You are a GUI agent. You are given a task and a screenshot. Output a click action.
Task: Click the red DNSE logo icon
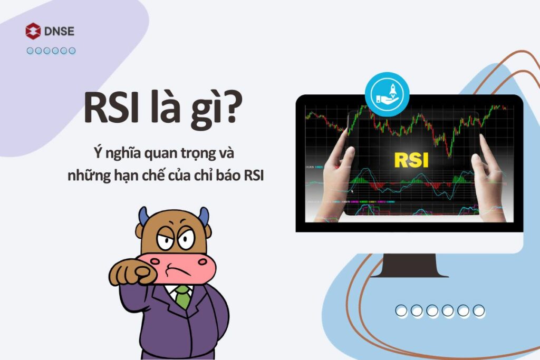click(x=33, y=31)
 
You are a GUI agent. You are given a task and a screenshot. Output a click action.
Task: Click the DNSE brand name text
click(x=60, y=31)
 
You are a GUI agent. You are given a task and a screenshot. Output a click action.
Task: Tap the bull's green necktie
click(x=182, y=297)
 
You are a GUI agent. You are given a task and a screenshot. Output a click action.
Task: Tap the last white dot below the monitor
click(x=479, y=311)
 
